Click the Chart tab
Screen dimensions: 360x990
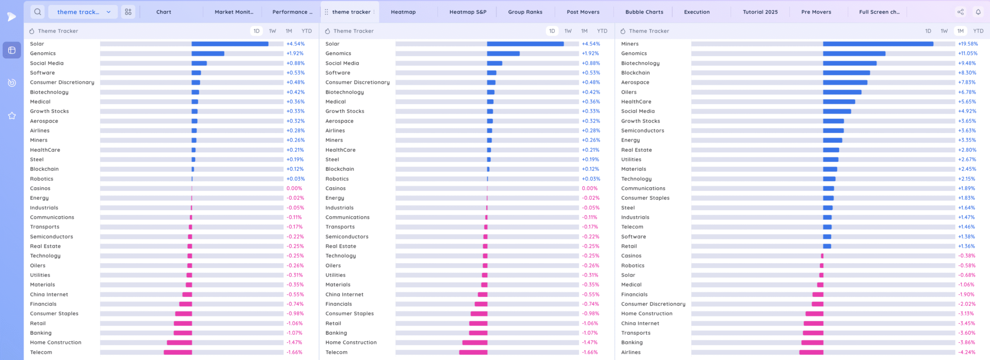(164, 12)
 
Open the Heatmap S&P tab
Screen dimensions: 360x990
(468, 12)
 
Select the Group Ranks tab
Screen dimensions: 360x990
(525, 12)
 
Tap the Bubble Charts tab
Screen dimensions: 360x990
(644, 12)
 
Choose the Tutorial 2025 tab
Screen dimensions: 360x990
(760, 12)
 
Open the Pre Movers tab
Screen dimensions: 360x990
(816, 12)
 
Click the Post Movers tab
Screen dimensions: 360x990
(583, 12)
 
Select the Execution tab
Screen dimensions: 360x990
(696, 12)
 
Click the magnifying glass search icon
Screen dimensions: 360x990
(38, 12)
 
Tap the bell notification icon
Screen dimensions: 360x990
(978, 12)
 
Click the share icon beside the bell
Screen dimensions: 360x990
(960, 12)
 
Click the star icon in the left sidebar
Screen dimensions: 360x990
(12, 116)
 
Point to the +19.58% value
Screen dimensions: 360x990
(968, 44)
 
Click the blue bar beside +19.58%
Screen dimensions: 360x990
(878, 44)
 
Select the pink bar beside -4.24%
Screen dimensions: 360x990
(811, 352)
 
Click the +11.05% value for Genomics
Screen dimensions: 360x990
(968, 53)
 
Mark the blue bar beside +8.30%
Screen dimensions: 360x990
(846, 73)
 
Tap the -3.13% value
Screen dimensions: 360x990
(966, 314)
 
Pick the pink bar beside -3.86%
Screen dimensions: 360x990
(812, 343)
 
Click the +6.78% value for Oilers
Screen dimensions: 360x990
(967, 92)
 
